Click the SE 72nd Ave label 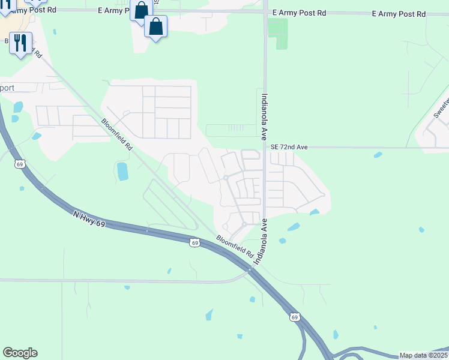(x=289, y=147)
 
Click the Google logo (x=20, y=353)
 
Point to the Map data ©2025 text (x=423, y=355)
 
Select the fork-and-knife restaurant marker (x=21, y=43)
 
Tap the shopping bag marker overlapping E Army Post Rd (x=141, y=11)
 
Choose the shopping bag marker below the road (x=155, y=27)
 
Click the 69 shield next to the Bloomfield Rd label (x=193, y=242)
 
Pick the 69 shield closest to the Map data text (x=294, y=316)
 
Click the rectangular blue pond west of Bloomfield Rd (x=123, y=172)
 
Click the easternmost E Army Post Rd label (x=399, y=13)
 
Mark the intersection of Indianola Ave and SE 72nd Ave (x=265, y=147)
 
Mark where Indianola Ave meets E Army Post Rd (x=265, y=12)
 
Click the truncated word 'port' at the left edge (x=7, y=87)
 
